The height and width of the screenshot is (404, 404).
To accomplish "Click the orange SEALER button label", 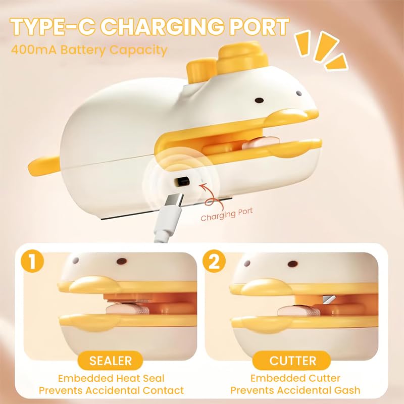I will (x=111, y=361).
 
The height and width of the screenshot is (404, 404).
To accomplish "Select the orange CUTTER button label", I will (x=293, y=361).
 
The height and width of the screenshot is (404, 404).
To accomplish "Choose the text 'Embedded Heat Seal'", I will (x=111, y=378).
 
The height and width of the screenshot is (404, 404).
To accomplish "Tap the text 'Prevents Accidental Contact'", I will (x=111, y=390).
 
